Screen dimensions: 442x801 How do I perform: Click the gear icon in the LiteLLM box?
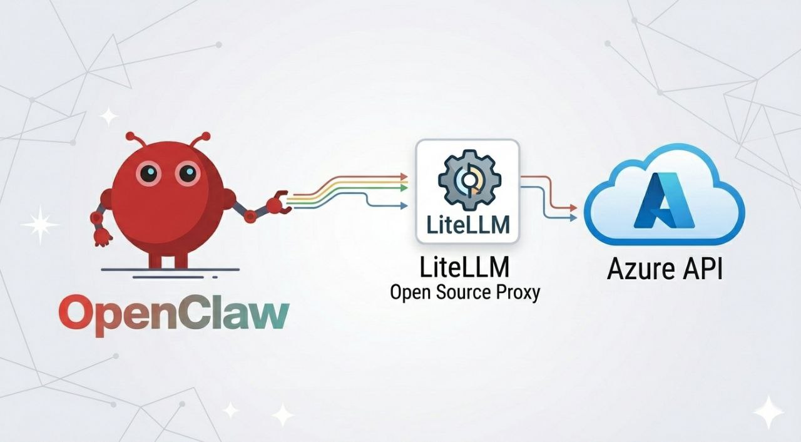pos(467,180)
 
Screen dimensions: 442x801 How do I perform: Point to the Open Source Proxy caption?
pos(464,292)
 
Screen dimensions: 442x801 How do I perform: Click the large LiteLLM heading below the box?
pos(465,267)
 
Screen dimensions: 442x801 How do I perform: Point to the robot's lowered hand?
pos(101,237)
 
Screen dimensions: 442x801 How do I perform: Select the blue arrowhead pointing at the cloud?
pos(573,218)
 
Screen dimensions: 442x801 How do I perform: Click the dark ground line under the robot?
pos(170,270)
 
